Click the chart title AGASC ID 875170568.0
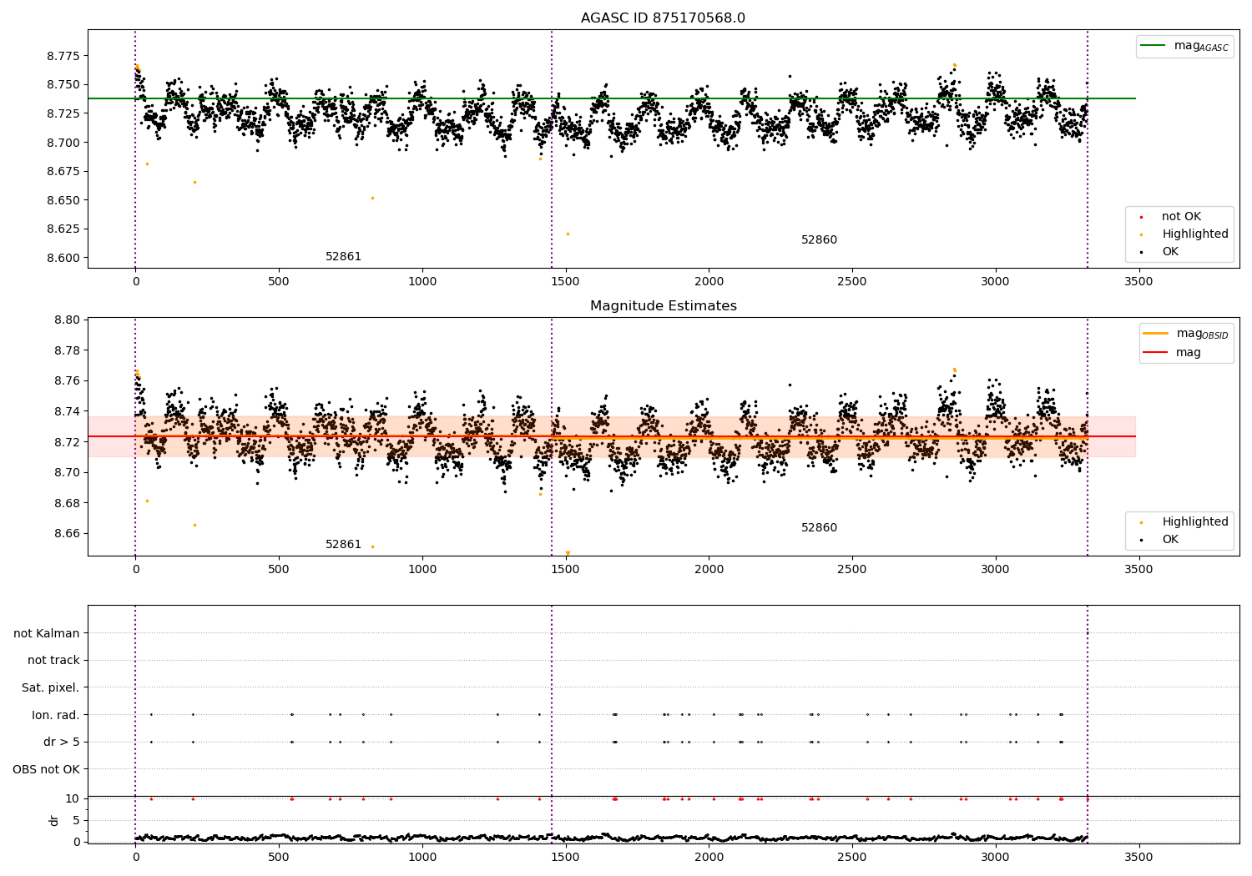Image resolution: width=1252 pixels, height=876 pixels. tap(663, 18)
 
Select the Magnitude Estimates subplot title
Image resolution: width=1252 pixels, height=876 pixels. tap(663, 306)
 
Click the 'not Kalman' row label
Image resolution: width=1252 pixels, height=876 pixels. tap(47, 633)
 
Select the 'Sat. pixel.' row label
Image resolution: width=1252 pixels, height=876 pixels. tap(50, 687)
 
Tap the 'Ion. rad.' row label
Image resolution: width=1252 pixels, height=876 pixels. tap(55, 715)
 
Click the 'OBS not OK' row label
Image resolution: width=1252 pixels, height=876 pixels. tap(46, 769)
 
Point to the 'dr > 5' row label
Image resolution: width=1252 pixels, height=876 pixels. tap(61, 742)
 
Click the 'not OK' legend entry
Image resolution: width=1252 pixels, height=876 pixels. tap(1181, 217)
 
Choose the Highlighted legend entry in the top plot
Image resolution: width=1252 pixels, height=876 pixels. tap(1194, 234)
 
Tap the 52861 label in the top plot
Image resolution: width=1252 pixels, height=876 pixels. tap(343, 257)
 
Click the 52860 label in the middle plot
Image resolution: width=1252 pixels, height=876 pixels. tap(819, 528)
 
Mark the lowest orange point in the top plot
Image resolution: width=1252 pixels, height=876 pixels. tap(568, 234)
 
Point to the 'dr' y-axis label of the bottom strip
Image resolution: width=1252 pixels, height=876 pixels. tap(54, 820)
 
